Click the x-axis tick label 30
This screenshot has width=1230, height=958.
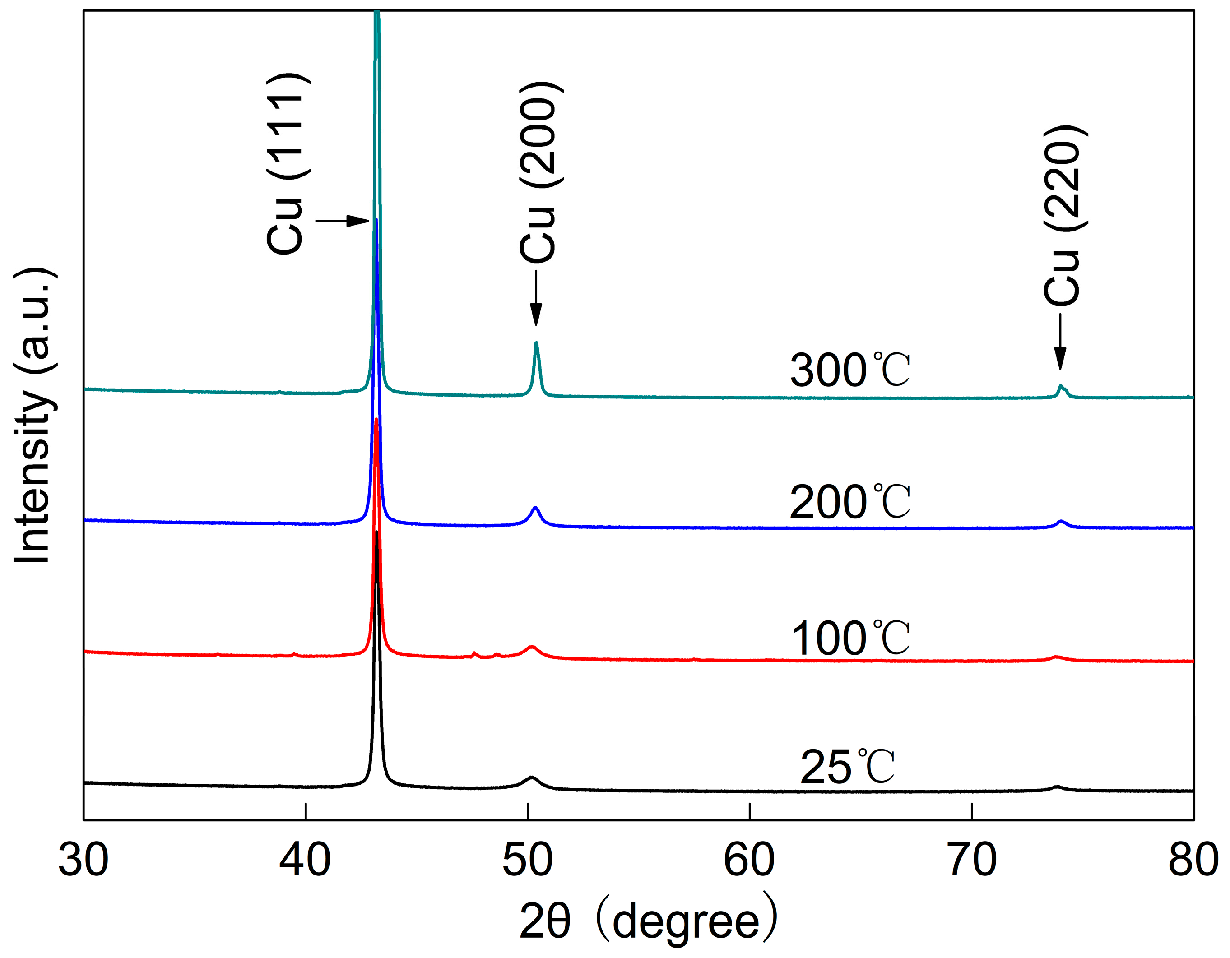(x=84, y=861)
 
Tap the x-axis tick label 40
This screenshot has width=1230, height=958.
(x=305, y=861)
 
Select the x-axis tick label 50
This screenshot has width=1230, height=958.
(x=527, y=861)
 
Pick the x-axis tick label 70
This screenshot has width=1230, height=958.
(x=972, y=861)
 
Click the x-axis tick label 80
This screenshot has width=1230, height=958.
(x=1193, y=861)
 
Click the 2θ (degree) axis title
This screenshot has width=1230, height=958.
(x=648, y=921)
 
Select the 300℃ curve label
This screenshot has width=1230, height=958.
(x=850, y=370)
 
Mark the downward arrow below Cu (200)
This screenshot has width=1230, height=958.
(x=536, y=298)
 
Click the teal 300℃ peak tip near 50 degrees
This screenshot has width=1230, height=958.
(x=536, y=343)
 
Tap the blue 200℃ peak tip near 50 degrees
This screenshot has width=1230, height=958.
(x=535, y=508)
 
